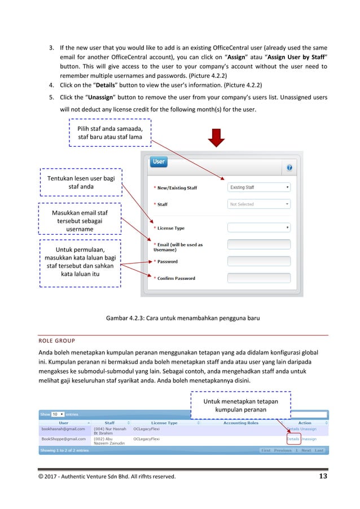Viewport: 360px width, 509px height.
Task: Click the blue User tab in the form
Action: coord(159,162)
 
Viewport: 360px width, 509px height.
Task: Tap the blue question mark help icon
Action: coord(289,168)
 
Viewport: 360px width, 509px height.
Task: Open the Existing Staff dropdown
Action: coord(259,187)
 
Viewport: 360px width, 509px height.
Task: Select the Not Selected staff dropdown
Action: coord(259,204)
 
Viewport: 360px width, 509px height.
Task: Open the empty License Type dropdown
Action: coord(259,227)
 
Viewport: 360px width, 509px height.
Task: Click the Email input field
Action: coord(259,244)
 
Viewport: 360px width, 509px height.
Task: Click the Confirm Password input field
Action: coord(259,278)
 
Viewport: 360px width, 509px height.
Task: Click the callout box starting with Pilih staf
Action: coord(110,132)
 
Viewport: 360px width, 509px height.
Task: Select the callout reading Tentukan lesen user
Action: coord(81,182)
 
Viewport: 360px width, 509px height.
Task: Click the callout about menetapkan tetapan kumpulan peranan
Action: coord(240,405)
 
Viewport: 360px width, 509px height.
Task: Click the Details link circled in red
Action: coord(293,438)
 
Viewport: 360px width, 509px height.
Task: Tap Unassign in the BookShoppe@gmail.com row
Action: coord(309,438)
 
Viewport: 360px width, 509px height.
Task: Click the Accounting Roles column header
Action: coord(240,423)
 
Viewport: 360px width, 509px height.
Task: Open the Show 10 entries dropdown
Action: coord(58,414)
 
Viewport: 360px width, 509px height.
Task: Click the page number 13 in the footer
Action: coord(322,476)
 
